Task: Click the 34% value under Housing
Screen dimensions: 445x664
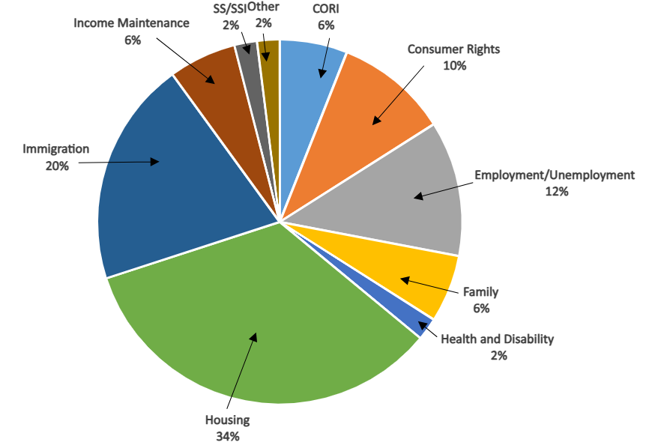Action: pyautogui.click(x=227, y=436)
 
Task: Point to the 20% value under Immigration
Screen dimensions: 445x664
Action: pyautogui.click(x=57, y=166)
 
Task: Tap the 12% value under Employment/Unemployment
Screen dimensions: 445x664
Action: pyautogui.click(x=556, y=192)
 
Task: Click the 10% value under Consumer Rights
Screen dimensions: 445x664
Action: pyautogui.click(x=454, y=66)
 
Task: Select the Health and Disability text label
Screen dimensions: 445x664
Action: pyautogui.click(x=497, y=339)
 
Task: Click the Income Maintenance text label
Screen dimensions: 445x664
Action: pyautogui.click(x=132, y=23)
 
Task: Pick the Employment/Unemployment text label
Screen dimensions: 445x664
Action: pyautogui.click(x=555, y=175)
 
